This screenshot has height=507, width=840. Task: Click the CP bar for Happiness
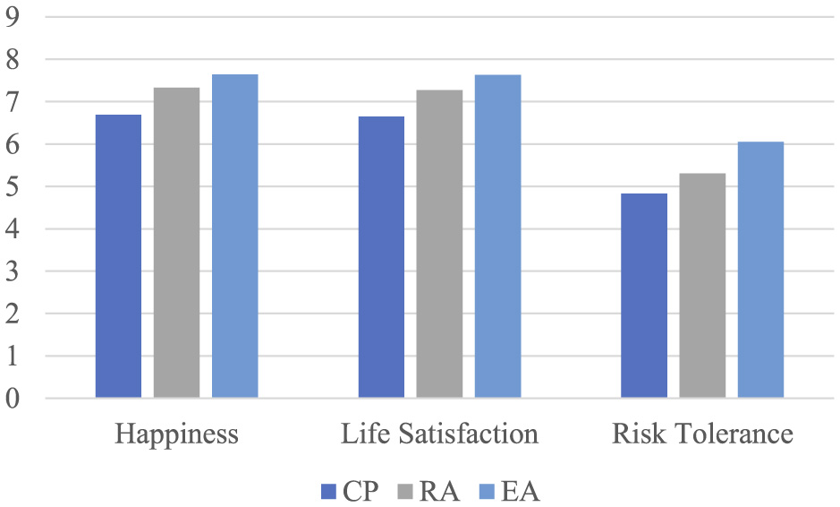click(x=118, y=256)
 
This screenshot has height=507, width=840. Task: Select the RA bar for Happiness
click(x=176, y=243)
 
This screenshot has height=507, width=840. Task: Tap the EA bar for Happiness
click(x=234, y=236)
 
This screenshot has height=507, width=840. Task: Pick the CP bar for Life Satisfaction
click(x=381, y=257)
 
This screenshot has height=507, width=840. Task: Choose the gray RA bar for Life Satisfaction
click(x=439, y=244)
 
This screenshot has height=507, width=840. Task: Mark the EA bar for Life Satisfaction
click(x=497, y=236)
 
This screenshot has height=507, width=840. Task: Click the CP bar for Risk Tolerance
click(x=644, y=296)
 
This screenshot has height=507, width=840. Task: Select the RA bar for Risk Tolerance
click(x=702, y=286)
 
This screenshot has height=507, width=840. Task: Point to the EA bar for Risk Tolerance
click(x=760, y=270)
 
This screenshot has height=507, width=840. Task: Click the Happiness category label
click(x=176, y=435)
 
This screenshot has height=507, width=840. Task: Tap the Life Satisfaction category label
click(x=439, y=435)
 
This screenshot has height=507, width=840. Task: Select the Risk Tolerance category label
click(x=702, y=435)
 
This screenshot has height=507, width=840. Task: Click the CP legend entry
click(x=352, y=491)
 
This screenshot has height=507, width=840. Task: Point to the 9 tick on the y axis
click(x=13, y=17)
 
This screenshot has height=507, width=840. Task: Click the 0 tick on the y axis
click(x=13, y=399)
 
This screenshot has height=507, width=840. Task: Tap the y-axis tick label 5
click(x=13, y=186)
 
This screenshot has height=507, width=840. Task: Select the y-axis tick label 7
click(x=13, y=102)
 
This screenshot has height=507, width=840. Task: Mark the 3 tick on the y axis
click(x=13, y=271)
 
